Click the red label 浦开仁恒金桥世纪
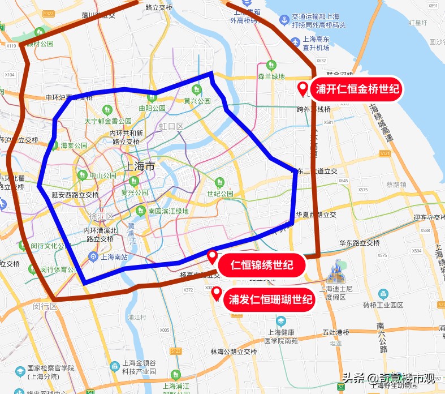pos(357,89)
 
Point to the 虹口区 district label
pos(171,126)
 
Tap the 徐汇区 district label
pos(101,216)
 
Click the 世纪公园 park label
pos(220,194)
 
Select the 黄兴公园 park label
pos(197,101)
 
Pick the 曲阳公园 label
pos(152,108)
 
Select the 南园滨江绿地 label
pos(169,211)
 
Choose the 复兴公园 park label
pos(135,192)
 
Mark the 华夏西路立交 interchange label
pos(316,215)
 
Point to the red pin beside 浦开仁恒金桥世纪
pos(303,89)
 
